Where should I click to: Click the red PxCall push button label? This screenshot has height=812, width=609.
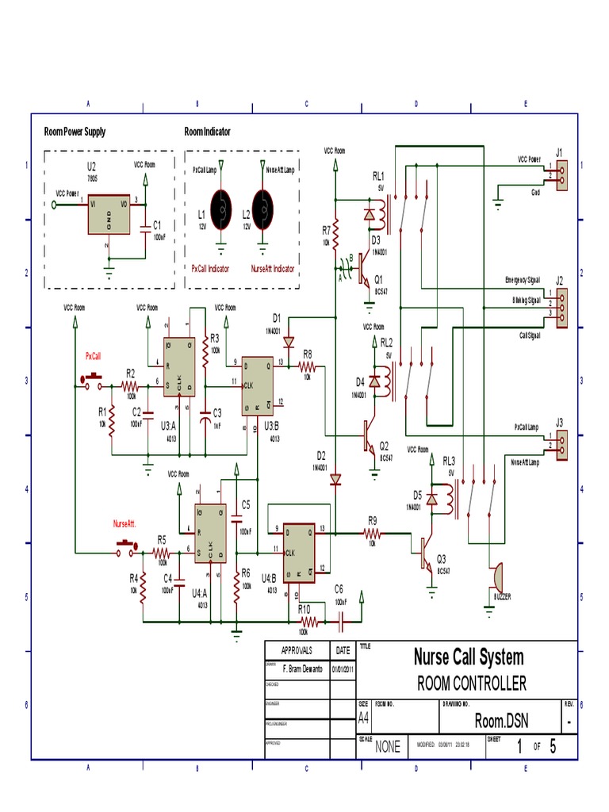tap(94, 357)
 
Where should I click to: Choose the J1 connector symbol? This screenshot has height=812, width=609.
tap(561, 173)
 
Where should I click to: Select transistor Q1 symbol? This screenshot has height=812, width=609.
tap(362, 270)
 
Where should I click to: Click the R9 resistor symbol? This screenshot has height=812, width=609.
tap(373, 535)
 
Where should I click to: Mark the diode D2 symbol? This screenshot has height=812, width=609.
tap(335, 479)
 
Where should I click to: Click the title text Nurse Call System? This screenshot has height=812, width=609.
tap(468, 657)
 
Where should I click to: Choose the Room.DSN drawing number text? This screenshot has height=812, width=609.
tap(500, 720)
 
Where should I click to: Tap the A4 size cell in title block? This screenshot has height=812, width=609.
tap(363, 718)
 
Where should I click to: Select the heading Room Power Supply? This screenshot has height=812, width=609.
tap(75, 132)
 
